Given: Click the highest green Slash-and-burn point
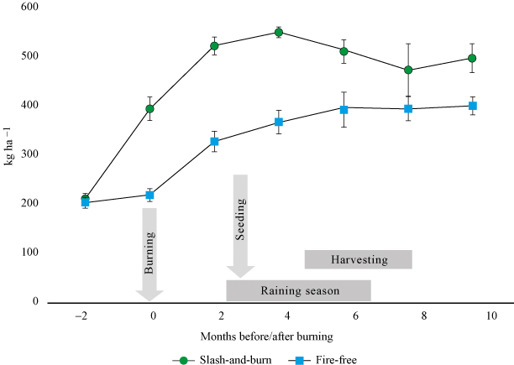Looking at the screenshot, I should (279, 33).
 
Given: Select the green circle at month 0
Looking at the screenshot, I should (150, 108).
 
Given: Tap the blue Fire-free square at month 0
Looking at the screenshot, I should (150, 196).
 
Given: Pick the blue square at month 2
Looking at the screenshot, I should (215, 142).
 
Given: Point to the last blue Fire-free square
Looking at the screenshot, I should (473, 106).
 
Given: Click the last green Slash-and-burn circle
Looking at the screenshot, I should (472, 58).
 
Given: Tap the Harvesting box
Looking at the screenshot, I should (359, 259).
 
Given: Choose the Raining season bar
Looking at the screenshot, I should (298, 290).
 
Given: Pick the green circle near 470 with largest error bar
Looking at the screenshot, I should (408, 70).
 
